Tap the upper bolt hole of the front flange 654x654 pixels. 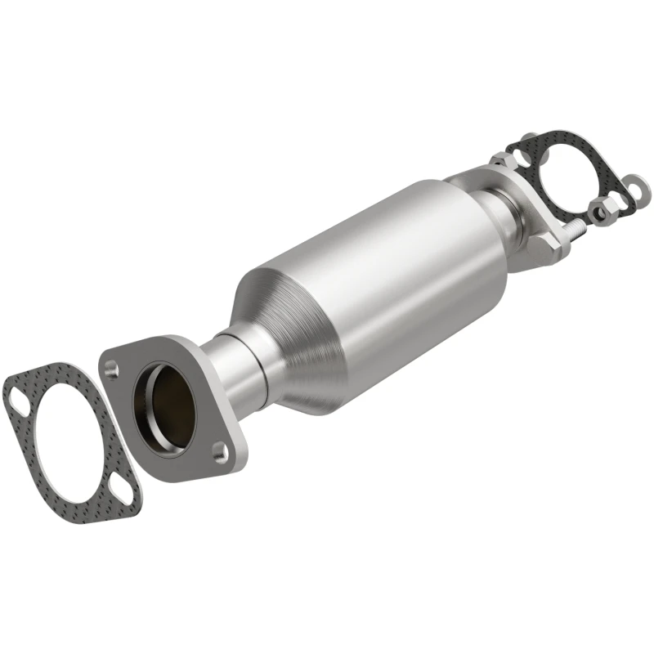tap(113, 370)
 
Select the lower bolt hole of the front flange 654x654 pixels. tap(218, 449)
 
